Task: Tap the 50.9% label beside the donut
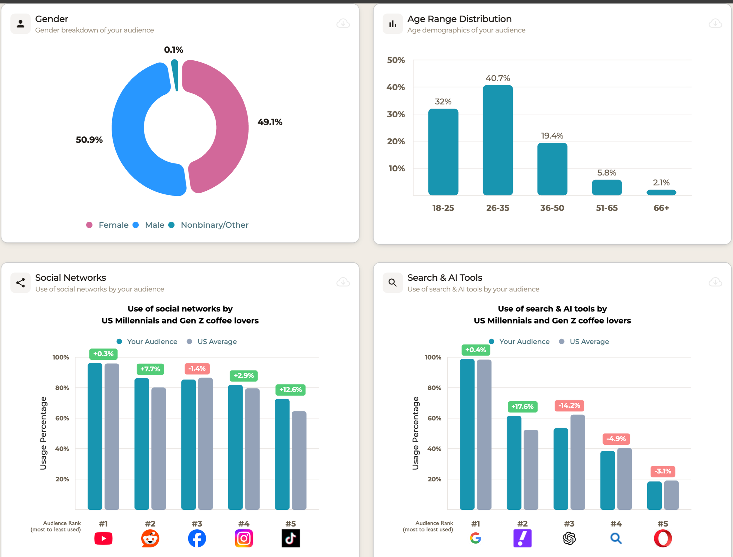(89, 140)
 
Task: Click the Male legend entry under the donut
(155, 225)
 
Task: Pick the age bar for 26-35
(498, 141)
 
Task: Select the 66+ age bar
(661, 193)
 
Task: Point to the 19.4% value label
(552, 136)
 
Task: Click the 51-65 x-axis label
(607, 208)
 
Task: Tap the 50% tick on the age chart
(396, 60)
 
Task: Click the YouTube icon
(103, 539)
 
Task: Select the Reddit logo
(150, 539)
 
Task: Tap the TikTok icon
(290, 539)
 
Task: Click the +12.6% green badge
(290, 390)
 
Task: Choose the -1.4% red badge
(197, 368)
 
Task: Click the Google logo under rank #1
(476, 538)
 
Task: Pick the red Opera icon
(663, 539)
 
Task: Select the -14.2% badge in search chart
(569, 405)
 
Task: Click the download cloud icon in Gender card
(343, 23)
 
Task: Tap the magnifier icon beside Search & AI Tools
(393, 282)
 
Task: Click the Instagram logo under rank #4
(244, 539)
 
